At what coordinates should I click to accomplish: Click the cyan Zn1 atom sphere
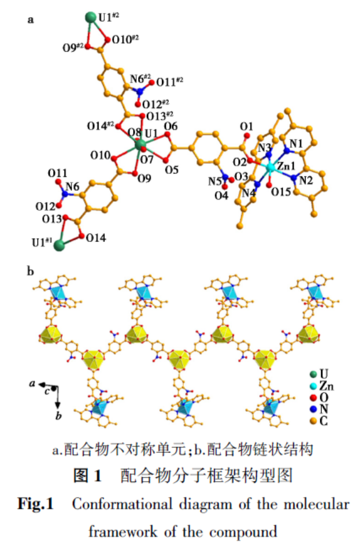(270, 168)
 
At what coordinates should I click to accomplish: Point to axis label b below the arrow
(58, 416)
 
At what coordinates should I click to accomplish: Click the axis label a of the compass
(33, 383)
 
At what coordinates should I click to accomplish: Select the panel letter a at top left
(31, 21)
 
